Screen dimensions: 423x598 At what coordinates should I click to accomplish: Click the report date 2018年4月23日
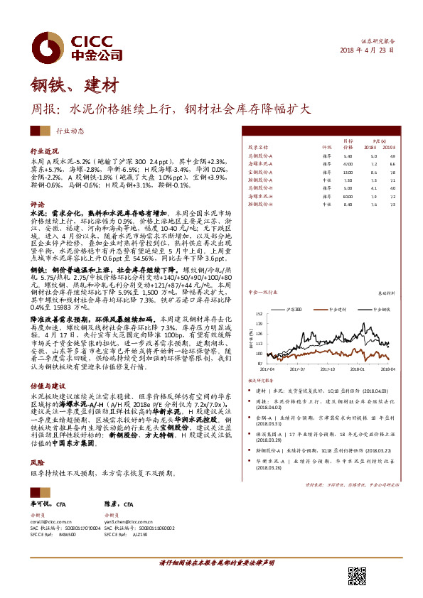367,50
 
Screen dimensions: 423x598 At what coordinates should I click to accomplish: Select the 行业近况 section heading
43,152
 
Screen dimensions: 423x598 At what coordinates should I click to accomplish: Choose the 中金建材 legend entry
336,310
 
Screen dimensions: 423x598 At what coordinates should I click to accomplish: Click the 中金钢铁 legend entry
377,310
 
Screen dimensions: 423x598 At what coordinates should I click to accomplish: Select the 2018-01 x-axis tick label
358,369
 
